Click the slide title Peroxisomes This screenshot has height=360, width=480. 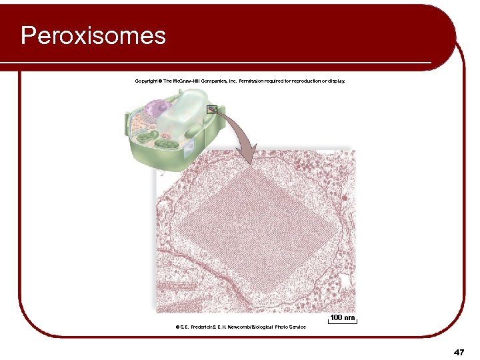(x=93, y=35)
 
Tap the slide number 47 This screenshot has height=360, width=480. (x=458, y=351)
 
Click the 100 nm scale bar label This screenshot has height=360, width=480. (x=343, y=317)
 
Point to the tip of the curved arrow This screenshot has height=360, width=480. (x=247, y=163)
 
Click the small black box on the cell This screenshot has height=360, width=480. (x=212, y=109)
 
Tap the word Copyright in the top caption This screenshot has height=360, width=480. (x=146, y=81)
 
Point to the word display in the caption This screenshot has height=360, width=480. (x=335, y=81)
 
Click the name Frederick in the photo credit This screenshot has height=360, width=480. (x=205, y=327)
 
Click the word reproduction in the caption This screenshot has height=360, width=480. (x=297, y=81)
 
